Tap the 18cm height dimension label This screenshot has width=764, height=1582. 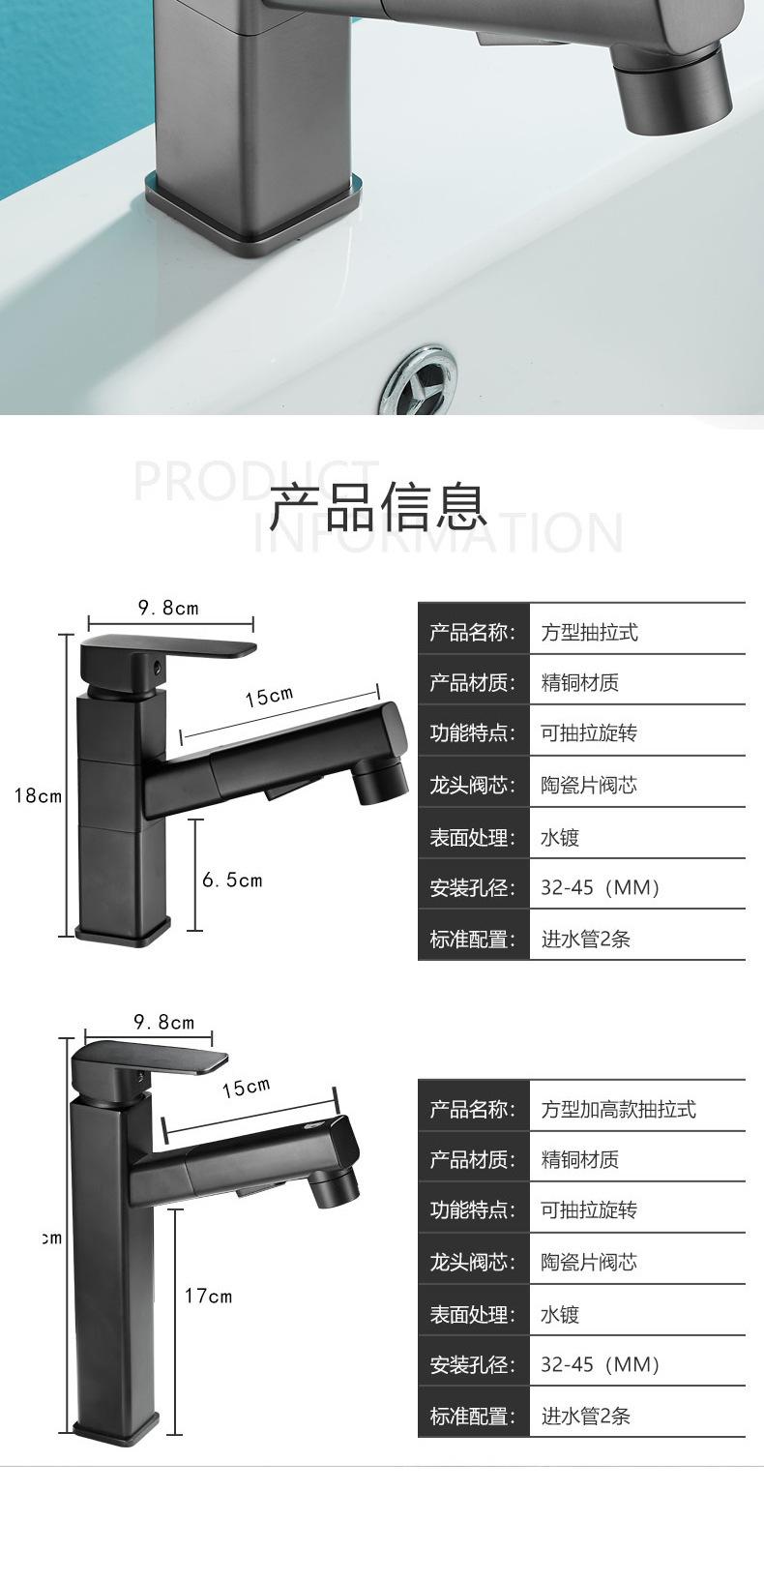37,795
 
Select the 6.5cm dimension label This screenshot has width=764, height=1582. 232,880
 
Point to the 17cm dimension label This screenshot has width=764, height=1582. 209,1296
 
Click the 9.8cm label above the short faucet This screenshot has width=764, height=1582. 168,608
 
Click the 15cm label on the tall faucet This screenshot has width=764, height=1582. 246,1088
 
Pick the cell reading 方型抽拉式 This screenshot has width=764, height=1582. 589,633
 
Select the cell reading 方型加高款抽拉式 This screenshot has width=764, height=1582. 618,1109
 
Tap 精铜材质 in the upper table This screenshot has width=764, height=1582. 579,683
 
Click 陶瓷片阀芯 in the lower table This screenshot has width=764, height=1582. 589,1262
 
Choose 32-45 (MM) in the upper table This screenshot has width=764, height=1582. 600,887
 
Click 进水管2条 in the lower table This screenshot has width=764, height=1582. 585,1417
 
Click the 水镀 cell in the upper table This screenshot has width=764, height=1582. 560,837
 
